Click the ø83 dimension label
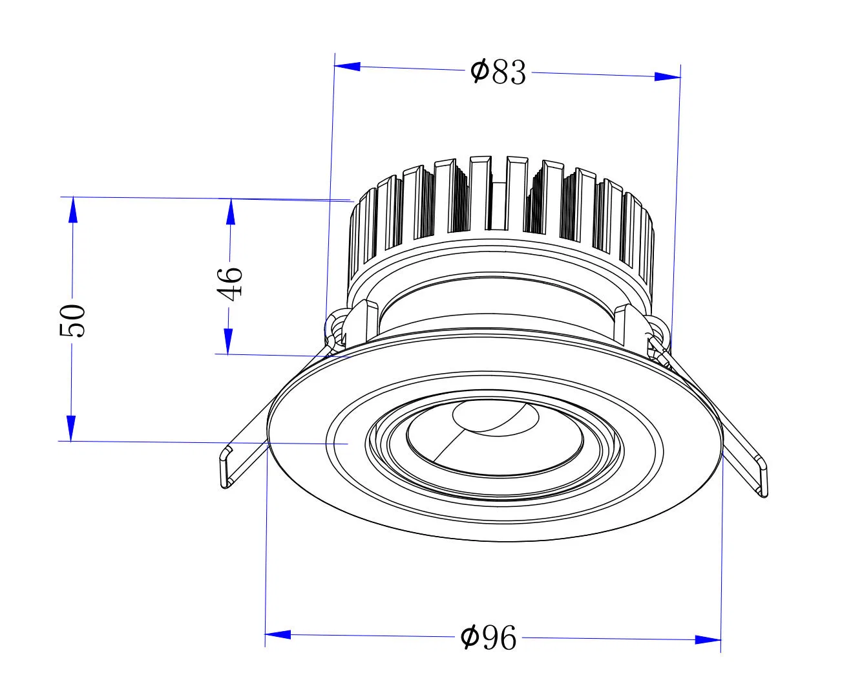(x=498, y=71)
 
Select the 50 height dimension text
(x=72, y=320)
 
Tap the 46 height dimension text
(x=230, y=283)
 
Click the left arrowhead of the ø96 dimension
(x=278, y=635)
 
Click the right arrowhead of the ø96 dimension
(x=708, y=639)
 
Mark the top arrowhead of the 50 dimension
(x=72, y=211)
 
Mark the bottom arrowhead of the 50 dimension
(x=72, y=428)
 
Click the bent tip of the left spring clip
(x=226, y=467)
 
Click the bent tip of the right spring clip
(x=762, y=477)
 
